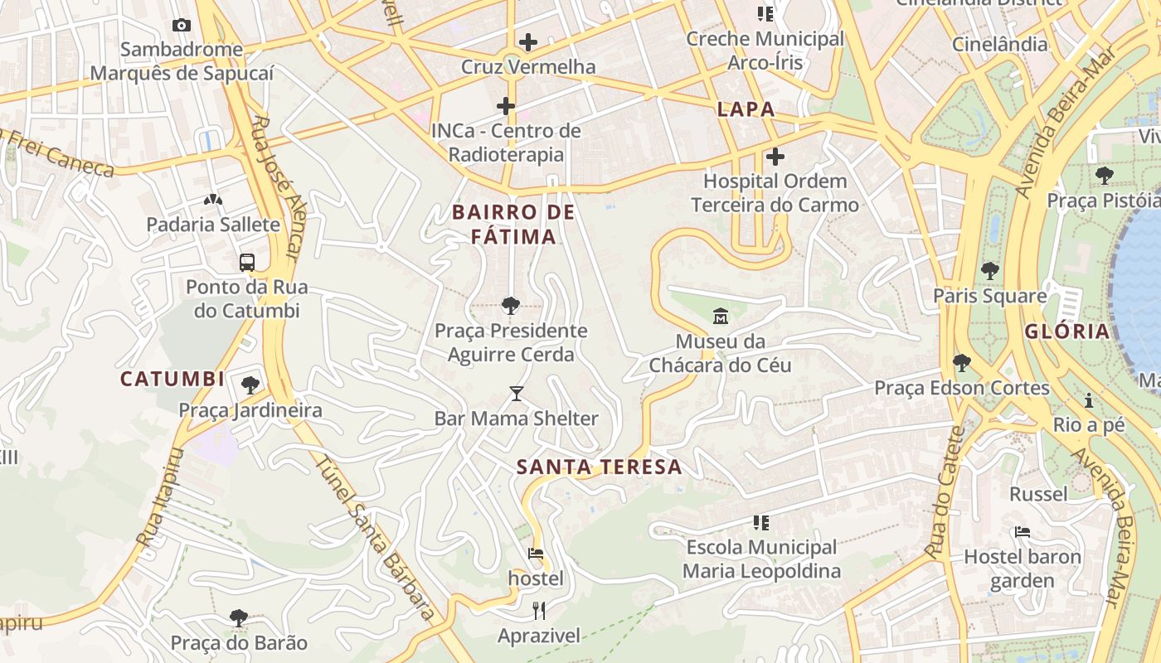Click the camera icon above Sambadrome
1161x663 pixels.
tap(182, 26)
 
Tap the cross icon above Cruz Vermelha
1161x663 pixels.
tap(528, 42)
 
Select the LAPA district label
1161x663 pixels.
tap(746, 109)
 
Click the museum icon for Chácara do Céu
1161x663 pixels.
tap(720, 316)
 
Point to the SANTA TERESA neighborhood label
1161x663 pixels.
tap(599, 467)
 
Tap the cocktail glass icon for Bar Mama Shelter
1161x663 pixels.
tap(517, 394)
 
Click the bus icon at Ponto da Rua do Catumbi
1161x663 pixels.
tap(247, 263)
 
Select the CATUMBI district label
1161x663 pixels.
tap(172, 379)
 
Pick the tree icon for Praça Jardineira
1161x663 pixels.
tap(250, 385)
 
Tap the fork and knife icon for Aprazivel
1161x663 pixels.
tap(539, 611)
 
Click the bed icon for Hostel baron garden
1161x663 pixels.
tap(1022, 532)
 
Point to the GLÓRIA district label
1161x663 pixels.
tap(1066, 331)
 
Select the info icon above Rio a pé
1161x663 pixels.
tap(1089, 401)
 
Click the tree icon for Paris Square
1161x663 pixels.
tap(989, 271)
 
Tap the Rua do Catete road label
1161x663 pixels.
tap(946, 491)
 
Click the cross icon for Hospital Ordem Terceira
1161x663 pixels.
tap(775, 157)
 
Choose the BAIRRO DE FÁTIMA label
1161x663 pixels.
tap(513, 225)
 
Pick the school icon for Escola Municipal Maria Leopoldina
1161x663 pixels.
tap(761, 523)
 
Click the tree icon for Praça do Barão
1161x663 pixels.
tap(239, 618)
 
